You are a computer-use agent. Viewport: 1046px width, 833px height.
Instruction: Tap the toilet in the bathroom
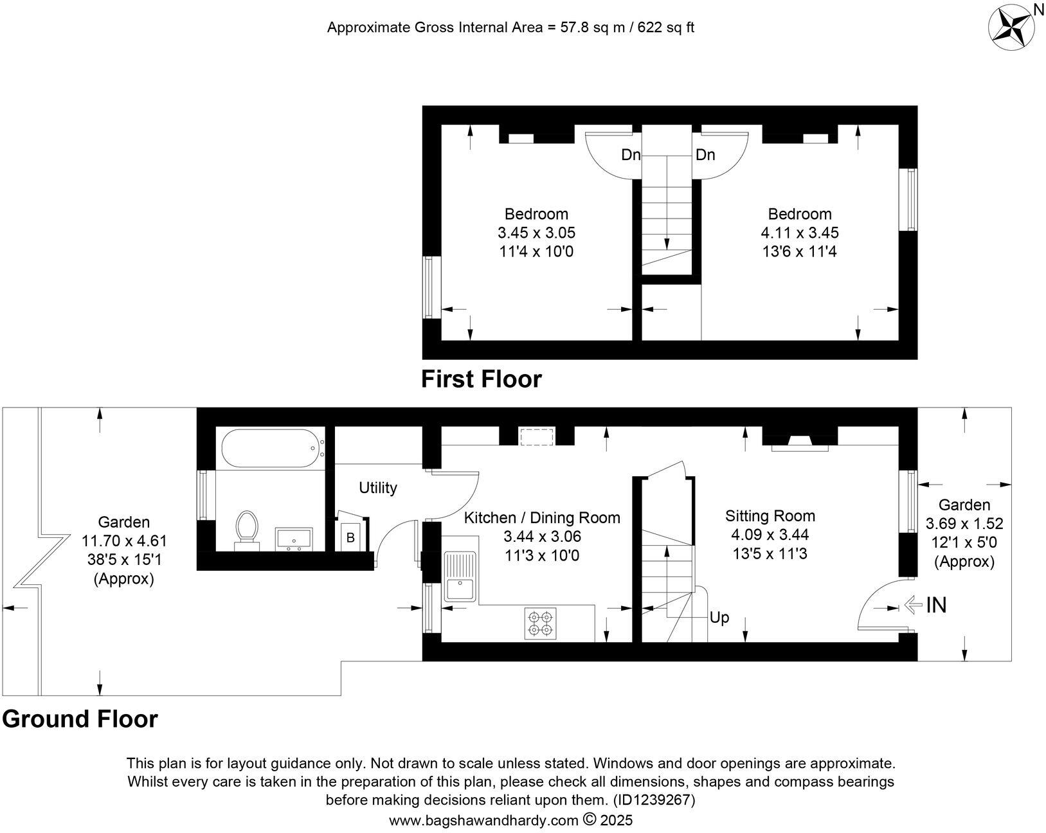pos(246,530)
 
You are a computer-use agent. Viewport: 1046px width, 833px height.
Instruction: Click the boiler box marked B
pos(350,538)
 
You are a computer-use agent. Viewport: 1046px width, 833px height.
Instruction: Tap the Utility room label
pos(378,488)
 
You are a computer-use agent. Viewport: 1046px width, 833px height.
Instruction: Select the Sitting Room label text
pos(770,515)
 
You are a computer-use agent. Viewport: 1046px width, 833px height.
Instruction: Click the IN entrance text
pos(936,605)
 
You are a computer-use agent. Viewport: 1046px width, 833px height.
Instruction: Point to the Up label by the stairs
pos(719,618)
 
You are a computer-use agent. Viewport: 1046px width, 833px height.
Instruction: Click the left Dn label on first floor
pos(631,155)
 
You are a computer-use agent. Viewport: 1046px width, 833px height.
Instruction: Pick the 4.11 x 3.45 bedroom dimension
pos(800,233)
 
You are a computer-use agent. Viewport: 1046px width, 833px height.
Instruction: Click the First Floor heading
pos(481,379)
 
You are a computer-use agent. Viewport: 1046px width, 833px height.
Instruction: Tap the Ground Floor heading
pos(80,719)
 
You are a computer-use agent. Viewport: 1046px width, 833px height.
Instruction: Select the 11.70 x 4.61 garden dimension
pos(124,541)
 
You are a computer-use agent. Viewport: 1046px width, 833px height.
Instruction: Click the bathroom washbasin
pos(294,539)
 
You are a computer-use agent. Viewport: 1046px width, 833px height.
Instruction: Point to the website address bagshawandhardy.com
pos(483,820)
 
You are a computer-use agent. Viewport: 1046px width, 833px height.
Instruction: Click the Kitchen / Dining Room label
pos(542,517)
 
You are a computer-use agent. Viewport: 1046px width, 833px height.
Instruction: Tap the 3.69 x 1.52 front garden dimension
pos(964,524)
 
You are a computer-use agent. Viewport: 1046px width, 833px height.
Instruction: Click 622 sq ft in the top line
pos(665,28)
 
